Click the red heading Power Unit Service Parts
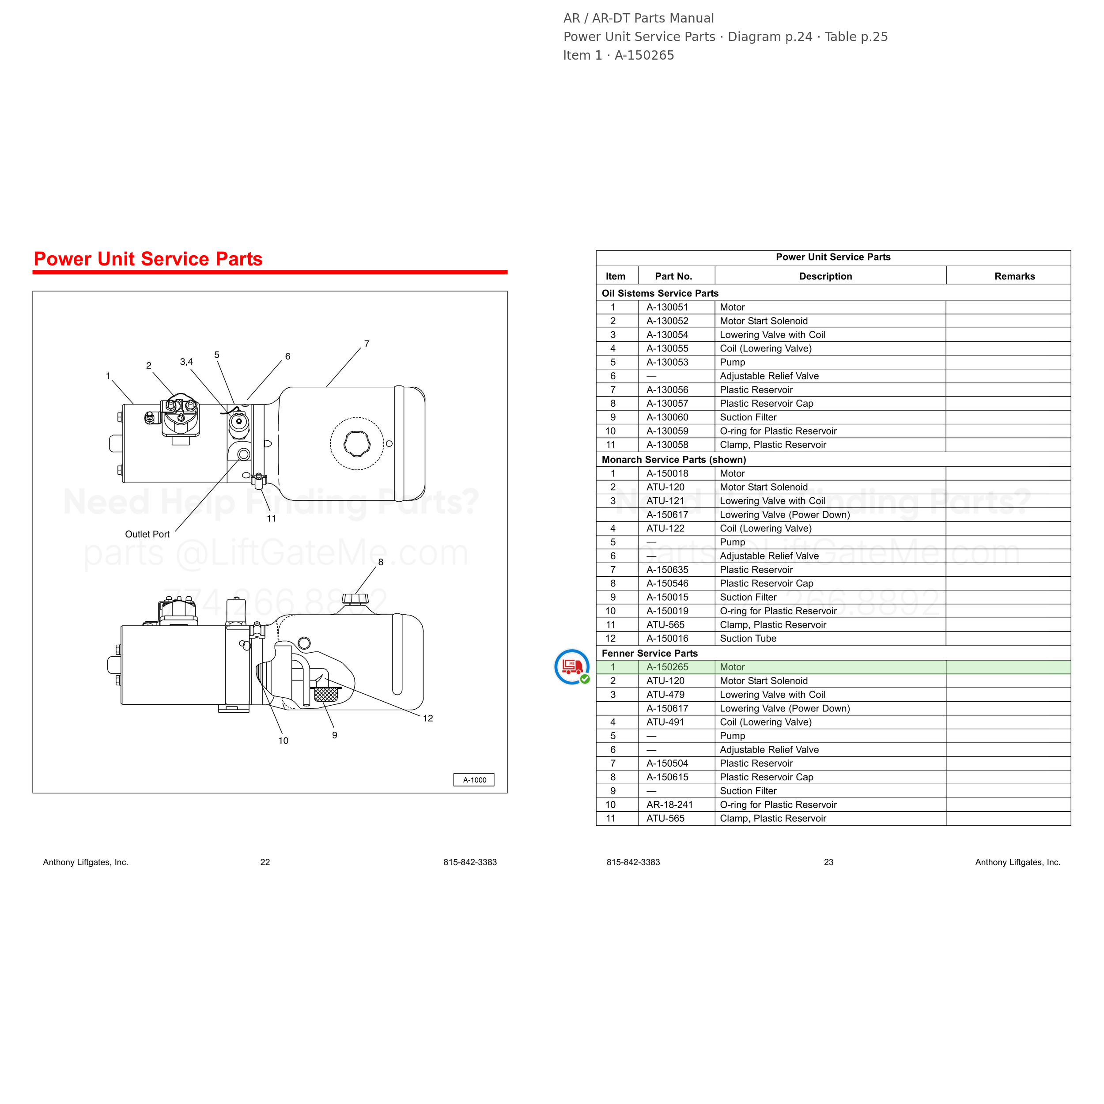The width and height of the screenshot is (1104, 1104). pyautogui.click(x=148, y=259)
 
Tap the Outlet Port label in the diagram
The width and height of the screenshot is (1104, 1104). pyautogui.click(x=147, y=534)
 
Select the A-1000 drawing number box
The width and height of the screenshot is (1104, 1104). pyautogui.click(x=474, y=780)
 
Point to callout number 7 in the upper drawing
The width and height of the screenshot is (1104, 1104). pyautogui.click(x=367, y=344)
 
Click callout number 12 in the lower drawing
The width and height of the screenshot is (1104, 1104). pyautogui.click(x=428, y=718)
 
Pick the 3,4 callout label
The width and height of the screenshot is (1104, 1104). pyautogui.click(x=186, y=362)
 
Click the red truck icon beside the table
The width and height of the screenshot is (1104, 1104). pyautogui.click(x=572, y=667)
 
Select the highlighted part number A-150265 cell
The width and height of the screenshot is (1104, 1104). pyautogui.click(x=667, y=667)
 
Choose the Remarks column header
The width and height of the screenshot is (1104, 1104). pyautogui.click(x=1014, y=276)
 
